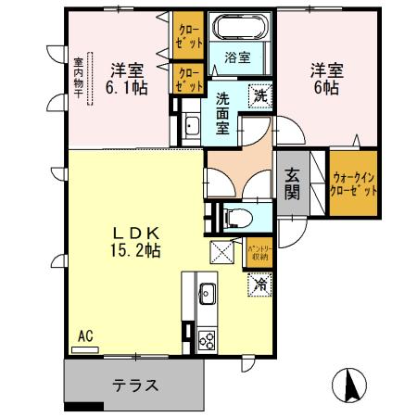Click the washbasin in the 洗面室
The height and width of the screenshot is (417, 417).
pyautogui.click(x=190, y=128)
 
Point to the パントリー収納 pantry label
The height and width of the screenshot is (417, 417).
pyautogui.click(x=258, y=252)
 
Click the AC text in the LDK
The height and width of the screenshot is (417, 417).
pyautogui.click(x=86, y=335)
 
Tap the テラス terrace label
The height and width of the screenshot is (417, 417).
pyautogui.click(x=134, y=385)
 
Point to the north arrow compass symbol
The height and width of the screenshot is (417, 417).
pyautogui.click(x=351, y=384)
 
